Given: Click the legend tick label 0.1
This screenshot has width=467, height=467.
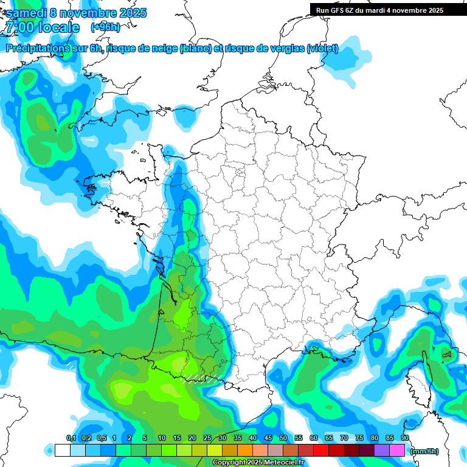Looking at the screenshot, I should pos(71,438).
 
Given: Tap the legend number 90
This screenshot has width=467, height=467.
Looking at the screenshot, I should pos(405,438).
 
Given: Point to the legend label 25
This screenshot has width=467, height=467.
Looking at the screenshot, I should pos(207,438).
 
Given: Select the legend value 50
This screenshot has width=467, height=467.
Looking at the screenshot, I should pos(283,438).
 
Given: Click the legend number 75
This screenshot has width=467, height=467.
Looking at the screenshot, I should pos(359,438).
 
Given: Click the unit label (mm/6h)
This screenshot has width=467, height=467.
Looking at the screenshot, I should pos(424,451).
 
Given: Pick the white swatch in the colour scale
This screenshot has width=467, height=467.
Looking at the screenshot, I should pos(62,450).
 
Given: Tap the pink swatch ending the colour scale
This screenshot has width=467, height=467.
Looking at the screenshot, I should pos(397,450).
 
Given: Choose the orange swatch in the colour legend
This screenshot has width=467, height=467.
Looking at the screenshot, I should pos(245,450).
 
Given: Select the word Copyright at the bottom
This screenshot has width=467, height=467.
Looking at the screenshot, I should pos(230,463).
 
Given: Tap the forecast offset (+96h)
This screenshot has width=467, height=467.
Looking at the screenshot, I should pos(105,27).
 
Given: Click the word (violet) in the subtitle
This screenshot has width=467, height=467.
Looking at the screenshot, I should pos(322,49).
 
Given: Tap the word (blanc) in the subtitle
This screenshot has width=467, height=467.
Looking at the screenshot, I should pos(196,49).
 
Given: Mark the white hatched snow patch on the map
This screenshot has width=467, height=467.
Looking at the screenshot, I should pos(201,379).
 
